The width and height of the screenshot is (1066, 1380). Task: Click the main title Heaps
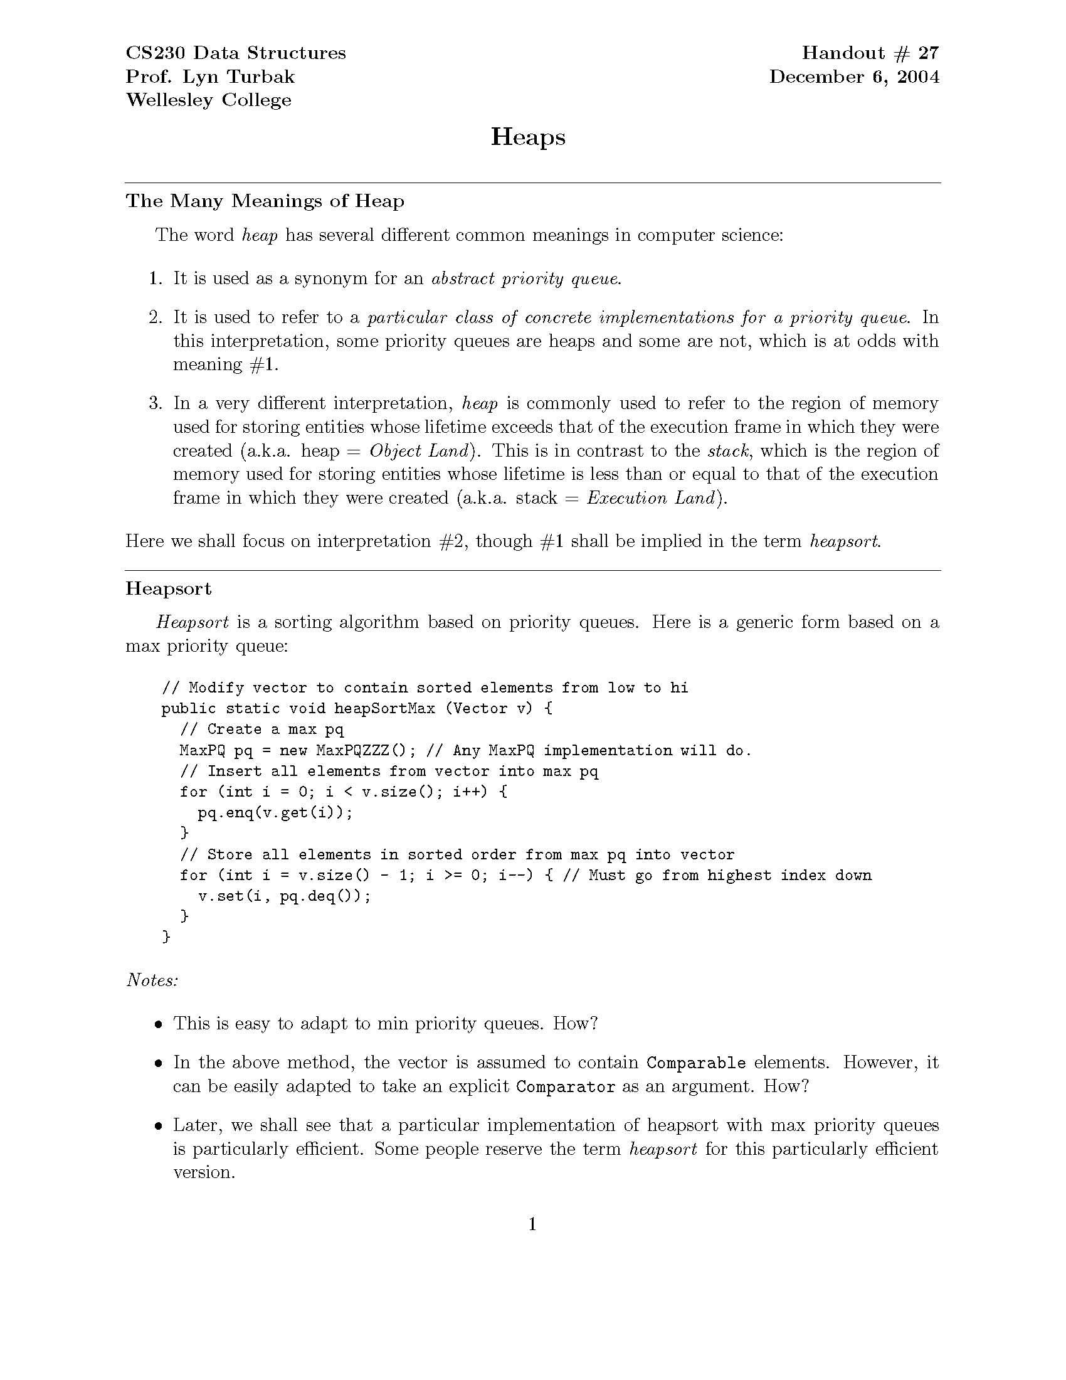click(x=528, y=138)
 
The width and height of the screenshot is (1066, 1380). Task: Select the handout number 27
click(x=929, y=53)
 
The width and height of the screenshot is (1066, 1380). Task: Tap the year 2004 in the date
click(x=918, y=77)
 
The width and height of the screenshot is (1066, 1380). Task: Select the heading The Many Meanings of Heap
click(x=265, y=201)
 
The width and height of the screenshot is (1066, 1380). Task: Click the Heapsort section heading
click(x=169, y=588)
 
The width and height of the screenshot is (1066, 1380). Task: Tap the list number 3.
click(x=156, y=403)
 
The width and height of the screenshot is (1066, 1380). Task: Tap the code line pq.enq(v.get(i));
click(x=275, y=812)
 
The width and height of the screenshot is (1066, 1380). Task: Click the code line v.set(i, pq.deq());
click(x=284, y=896)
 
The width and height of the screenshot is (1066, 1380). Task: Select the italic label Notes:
click(x=152, y=980)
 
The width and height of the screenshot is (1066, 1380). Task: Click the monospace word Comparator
click(x=565, y=1087)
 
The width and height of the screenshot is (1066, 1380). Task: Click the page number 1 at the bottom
click(x=532, y=1224)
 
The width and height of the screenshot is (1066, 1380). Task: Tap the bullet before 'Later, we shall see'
click(x=159, y=1127)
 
